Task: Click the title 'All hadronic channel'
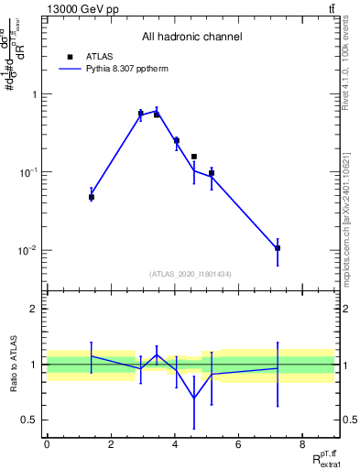coord(191,38)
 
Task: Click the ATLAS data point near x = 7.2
coord(278,248)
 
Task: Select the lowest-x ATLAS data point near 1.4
coord(92,197)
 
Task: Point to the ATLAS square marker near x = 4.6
coord(194,157)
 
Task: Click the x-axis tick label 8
coord(302,445)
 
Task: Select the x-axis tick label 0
coord(47,445)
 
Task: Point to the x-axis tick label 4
coord(175,445)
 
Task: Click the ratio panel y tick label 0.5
coord(30,420)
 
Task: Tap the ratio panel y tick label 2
coord(34,309)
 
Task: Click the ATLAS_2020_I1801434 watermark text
coord(191,274)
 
